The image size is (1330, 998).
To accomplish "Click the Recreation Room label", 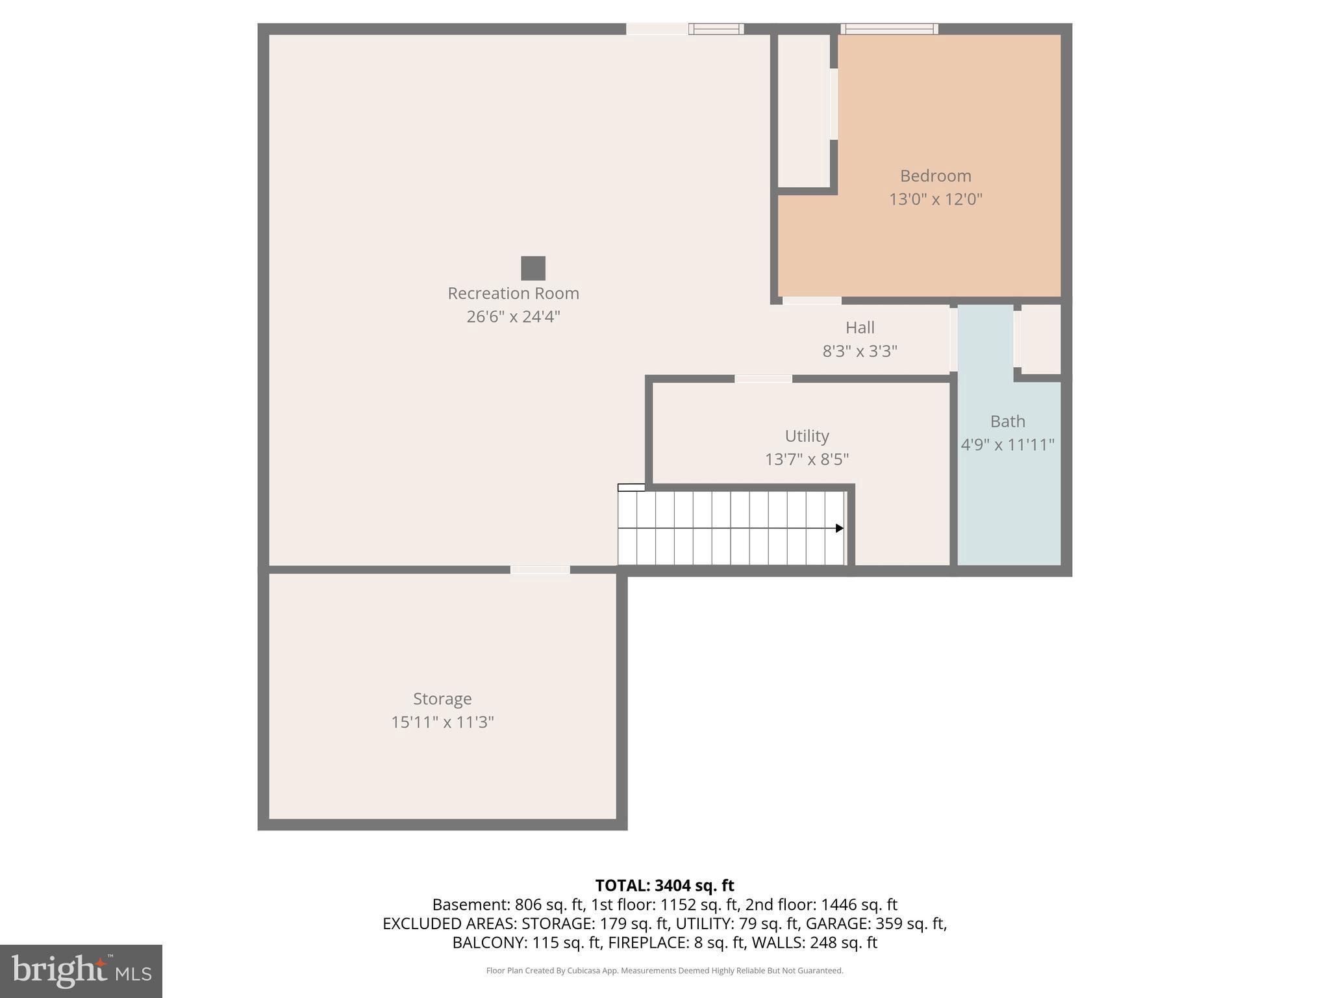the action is (513, 293).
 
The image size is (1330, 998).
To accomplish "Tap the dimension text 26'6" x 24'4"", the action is (513, 316).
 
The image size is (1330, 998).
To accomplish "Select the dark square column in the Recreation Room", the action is (533, 268).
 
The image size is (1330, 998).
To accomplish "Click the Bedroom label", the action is (935, 175).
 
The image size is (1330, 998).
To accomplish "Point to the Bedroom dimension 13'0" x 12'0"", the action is (935, 199).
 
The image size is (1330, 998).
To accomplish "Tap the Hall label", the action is (860, 327).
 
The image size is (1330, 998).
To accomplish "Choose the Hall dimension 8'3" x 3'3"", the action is (860, 351).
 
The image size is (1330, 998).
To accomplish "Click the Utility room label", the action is (807, 436).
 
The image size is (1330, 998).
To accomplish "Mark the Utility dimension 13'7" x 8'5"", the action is (807, 459).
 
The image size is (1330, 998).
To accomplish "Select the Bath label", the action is (1007, 422).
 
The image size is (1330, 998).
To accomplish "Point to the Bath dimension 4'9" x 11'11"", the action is (1007, 445).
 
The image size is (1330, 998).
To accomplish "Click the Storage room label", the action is (442, 699).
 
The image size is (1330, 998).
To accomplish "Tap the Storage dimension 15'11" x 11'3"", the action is (442, 722).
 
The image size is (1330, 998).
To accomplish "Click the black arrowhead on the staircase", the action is (839, 528).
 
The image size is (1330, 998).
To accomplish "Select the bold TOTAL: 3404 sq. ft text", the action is (664, 886).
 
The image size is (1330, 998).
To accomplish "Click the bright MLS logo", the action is (81, 971).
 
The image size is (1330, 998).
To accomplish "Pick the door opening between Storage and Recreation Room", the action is (540, 570).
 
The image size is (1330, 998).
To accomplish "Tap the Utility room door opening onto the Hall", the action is (763, 379).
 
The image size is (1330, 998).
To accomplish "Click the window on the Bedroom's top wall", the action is (889, 29).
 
